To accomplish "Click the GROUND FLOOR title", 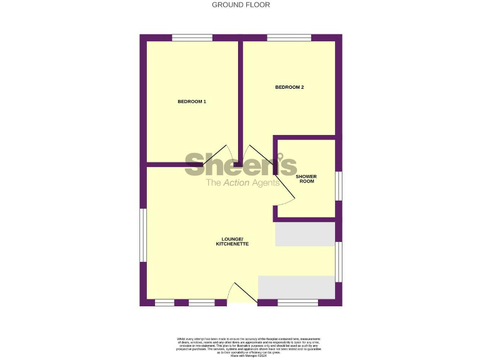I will [x=241, y=5].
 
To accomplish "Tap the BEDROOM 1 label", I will [x=191, y=101].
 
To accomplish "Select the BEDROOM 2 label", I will [x=289, y=87].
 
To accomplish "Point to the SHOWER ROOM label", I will [x=306, y=179].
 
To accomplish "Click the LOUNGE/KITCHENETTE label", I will [x=232, y=241].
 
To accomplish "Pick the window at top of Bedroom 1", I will [x=192, y=38].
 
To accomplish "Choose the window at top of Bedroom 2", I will [x=289, y=38].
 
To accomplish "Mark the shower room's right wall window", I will [x=339, y=186].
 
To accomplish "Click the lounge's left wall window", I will [x=143, y=235].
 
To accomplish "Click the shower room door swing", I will [x=284, y=199].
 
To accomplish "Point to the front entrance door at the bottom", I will [x=241, y=295].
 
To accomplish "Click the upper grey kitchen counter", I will [x=305, y=234].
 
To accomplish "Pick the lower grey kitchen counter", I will [x=296, y=287].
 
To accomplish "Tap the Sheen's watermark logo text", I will [x=241, y=165].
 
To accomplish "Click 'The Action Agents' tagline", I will [x=242, y=183].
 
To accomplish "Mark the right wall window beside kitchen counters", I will [x=339, y=261].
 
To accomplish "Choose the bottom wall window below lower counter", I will [x=297, y=302].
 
